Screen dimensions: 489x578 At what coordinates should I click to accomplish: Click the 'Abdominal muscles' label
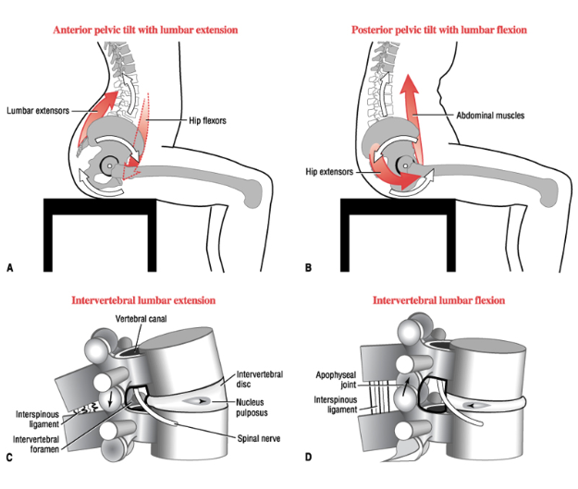(x=491, y=116)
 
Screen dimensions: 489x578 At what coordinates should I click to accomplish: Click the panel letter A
(x=10, y=268)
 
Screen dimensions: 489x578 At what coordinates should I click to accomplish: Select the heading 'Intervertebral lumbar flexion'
(x=438, y=300)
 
